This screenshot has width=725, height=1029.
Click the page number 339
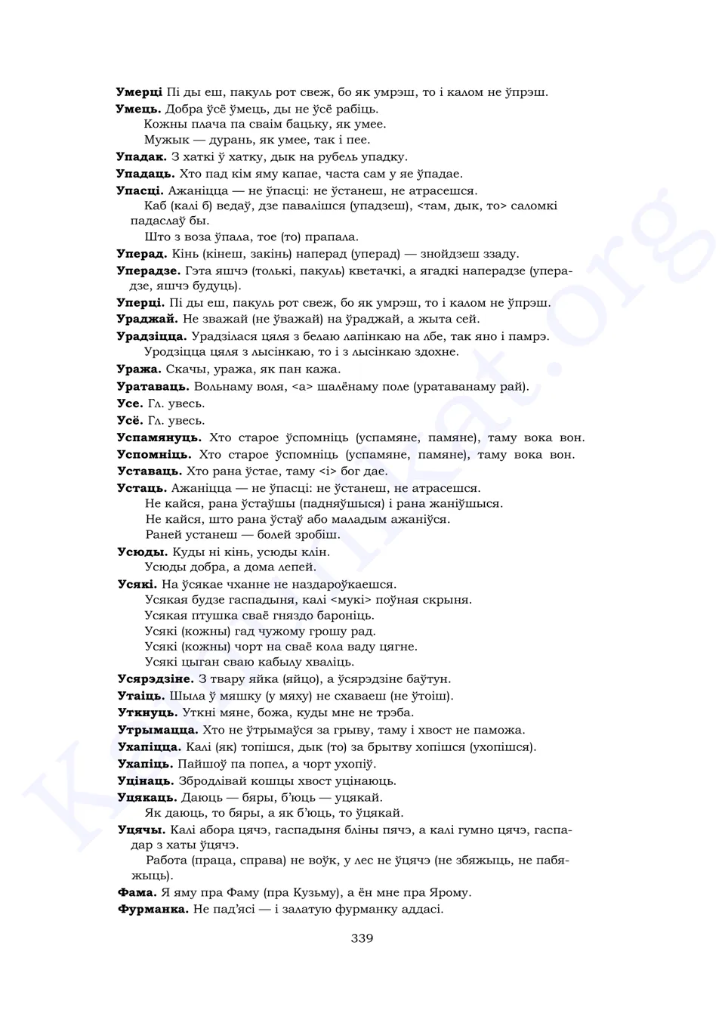362,938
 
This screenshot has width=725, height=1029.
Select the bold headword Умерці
139,92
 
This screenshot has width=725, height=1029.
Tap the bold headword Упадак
141,157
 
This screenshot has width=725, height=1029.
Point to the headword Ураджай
147,320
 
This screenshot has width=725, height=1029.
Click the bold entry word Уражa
139,369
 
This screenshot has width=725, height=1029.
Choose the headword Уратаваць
153,387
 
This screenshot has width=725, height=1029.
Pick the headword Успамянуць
159,437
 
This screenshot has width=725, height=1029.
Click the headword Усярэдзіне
156,679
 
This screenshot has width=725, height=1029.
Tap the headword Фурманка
153,909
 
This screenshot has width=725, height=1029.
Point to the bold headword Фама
137,892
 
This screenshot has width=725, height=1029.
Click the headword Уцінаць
146,780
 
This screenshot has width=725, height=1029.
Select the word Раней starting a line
162,535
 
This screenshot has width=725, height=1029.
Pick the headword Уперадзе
149,270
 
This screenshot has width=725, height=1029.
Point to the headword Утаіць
140,696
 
